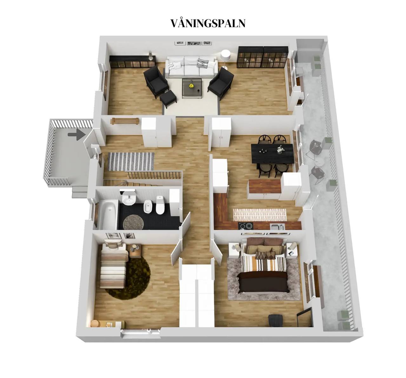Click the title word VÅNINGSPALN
pos(208,23)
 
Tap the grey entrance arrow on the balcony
pos(77,135)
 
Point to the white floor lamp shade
pos(226,55)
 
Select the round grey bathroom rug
pos(133,222)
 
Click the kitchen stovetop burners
pos(246,226)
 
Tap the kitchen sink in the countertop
pos(277,226)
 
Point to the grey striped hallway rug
pos(131,162)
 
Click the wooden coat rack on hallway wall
pos(125,121)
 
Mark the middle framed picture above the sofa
pos(194,43)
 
